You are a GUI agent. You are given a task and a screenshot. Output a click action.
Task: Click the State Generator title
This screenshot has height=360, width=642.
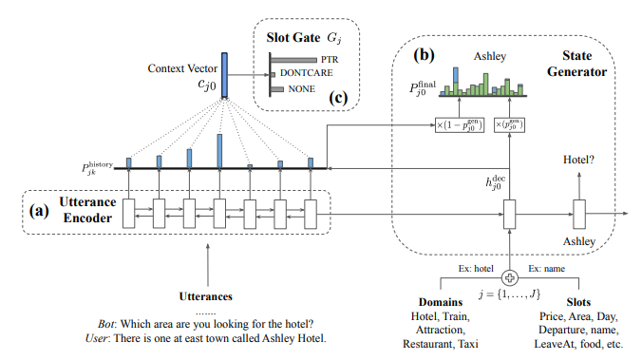(577, 55)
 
